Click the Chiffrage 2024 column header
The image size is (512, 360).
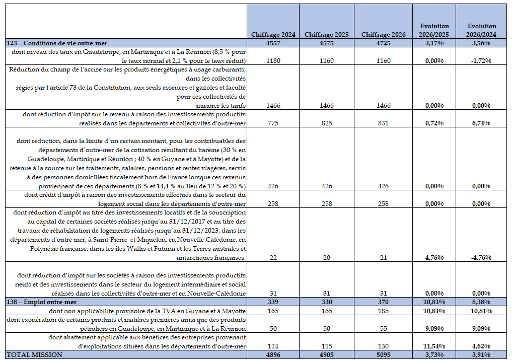point(273,35)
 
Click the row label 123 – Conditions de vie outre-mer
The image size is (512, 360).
point(57,43)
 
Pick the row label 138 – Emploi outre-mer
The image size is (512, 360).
point(42,302)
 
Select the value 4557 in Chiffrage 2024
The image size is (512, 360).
point(273,43)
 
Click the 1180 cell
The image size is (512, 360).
point(273,60)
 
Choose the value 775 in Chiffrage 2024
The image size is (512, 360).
point(273,123)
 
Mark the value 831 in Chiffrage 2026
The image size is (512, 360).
point(383,123)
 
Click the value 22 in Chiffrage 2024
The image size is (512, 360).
point(273,258)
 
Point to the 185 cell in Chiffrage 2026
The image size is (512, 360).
point(383,311)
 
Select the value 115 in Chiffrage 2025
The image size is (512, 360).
point(327,346)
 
